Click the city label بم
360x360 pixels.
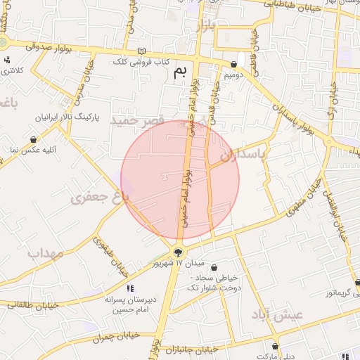pyautogui.click(x=181, y=71)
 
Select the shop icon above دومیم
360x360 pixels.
pyautogui.click(x=233, y=63)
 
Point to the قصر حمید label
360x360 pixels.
pyautogui.click(x=137, y=121)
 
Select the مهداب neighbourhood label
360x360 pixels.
pyautogui.click(x=45, y=252)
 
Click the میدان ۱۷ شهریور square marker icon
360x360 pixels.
pyautogui.click(x=178, y=252)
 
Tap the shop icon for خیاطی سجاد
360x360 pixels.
pyautogui.click(x=214, y=267)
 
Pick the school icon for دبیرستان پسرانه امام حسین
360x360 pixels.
pyautogui.click(x=130, y=288)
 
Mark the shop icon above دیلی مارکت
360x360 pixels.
pyautogui.click(x=275, y=346)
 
